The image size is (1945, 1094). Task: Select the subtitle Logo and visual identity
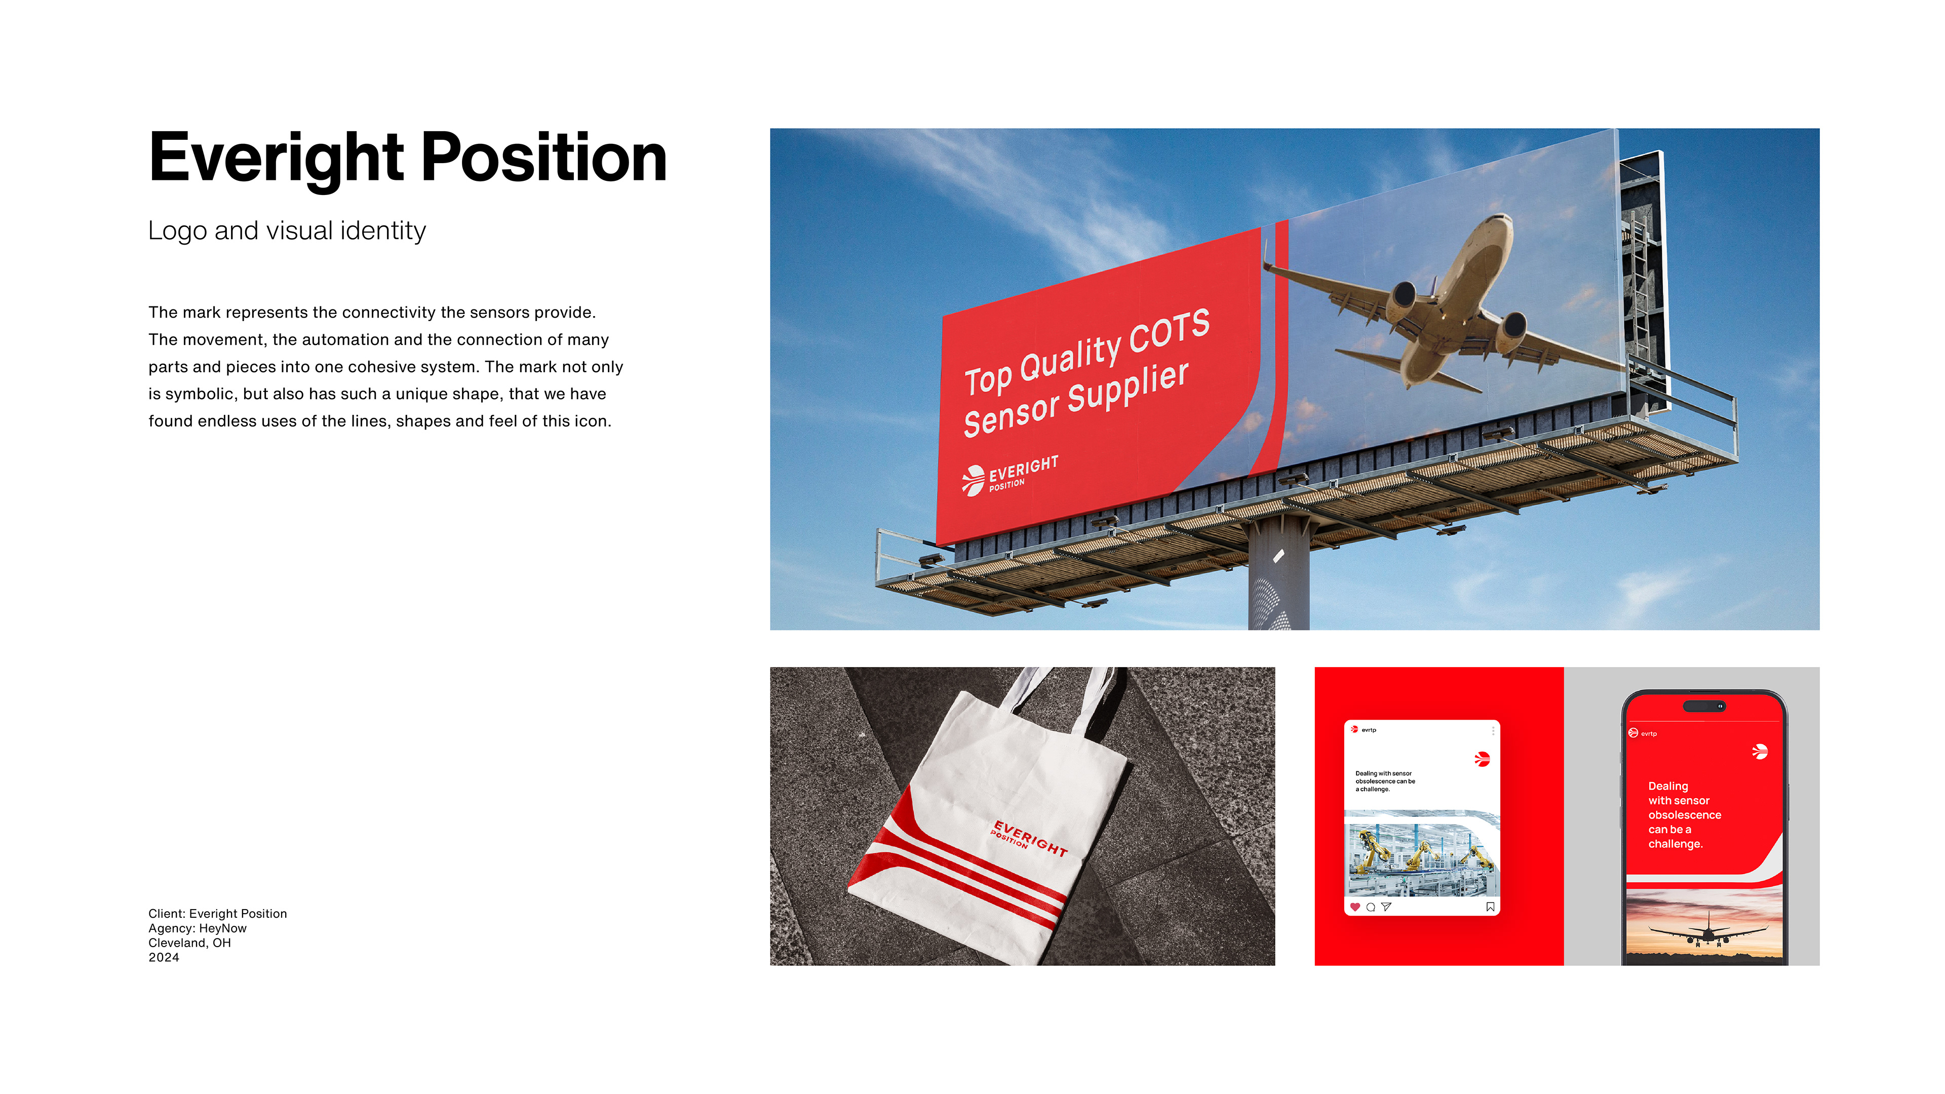(287, 230)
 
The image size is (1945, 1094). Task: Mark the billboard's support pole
(1278, 574)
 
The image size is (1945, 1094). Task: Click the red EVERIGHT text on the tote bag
(1031, 838)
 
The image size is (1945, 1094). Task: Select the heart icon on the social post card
(1355, 907)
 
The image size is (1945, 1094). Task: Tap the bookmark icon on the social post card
(1490, 907)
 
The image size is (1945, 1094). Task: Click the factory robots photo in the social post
(1422, 853)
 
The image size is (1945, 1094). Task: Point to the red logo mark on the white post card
(1482, 759)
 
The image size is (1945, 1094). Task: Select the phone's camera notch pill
(1704, 706)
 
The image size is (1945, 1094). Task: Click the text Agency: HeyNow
(197, 928)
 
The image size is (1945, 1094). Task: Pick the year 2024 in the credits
(164, 957)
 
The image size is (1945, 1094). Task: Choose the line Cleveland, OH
(189, 943)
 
